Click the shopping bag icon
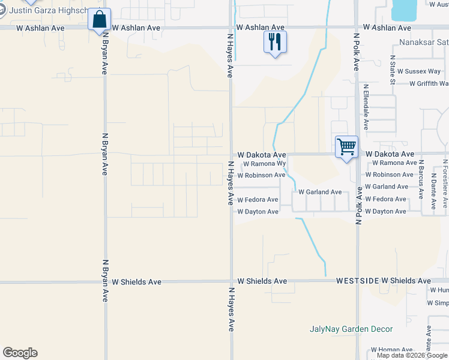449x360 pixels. (x=99, y=19)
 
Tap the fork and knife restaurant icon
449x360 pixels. (x=275, y=42)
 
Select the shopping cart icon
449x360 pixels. (x=347, y=146)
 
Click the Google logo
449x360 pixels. (x=20, y=353)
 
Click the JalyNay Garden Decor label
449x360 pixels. (x=351, y=329)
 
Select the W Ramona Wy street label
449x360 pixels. (x=264, y=163)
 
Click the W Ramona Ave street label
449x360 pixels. (x=394, y=163)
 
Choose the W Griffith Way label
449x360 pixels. (x=429, y=83)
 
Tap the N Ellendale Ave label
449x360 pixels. (x=365, y=107)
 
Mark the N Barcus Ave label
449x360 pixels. (x=421, y=179)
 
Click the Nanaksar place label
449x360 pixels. (x=424, y=43)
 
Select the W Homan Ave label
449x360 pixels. (x=391, y=350)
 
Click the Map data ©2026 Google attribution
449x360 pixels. (x=412, y=355)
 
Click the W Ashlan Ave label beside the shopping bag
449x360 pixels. (x=136, y=28)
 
